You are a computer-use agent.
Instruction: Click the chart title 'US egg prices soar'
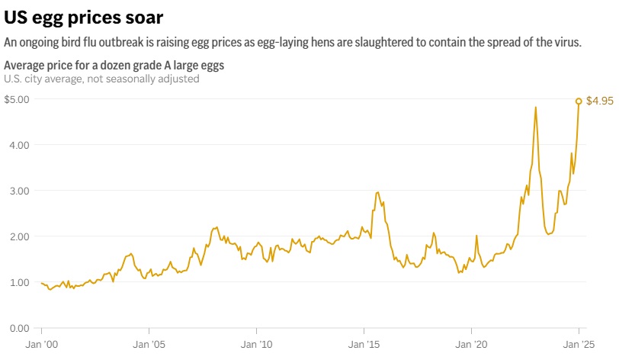[x=83, y=15]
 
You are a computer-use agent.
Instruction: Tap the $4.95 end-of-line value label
[x=599, y=101]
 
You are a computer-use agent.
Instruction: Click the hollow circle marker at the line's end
[x=579, y=101]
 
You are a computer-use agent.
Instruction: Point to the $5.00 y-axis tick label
[x=17, y=99]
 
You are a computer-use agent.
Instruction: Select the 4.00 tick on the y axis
[x=19, y=145]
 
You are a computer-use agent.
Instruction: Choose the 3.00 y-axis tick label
[x=19, y=191]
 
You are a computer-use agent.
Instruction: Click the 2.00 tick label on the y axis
[x=19, y=236]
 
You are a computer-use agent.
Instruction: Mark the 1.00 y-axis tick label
[x=19, y=282]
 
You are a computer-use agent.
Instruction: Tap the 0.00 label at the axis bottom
[x=19, y=328]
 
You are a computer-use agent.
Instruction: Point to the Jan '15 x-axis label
[x=364, y=344]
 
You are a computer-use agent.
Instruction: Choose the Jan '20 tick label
[x=471, y=344]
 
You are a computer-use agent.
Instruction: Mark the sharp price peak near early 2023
[x=536, y=107]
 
